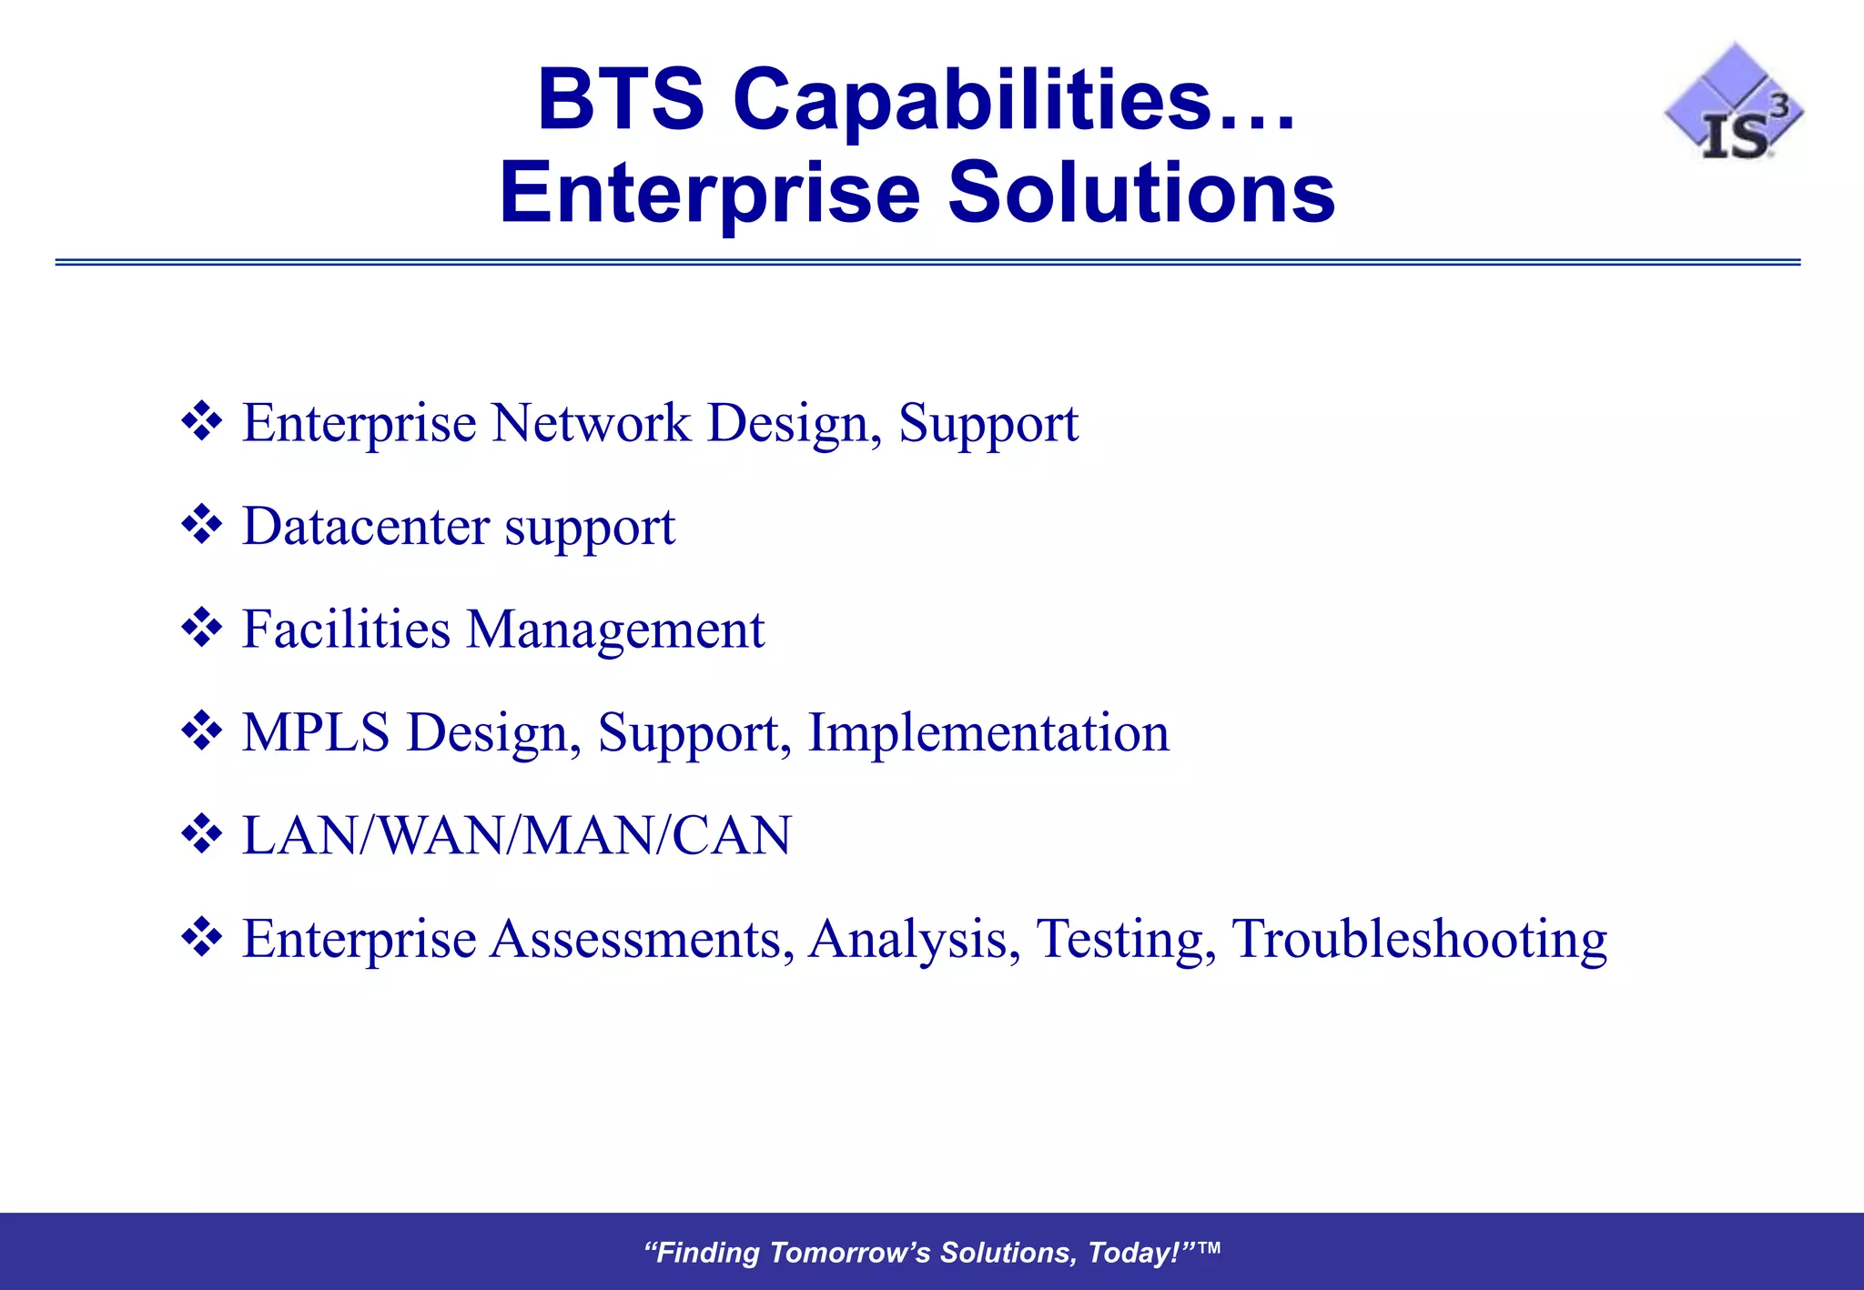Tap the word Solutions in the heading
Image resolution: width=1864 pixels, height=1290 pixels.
[x=1141, y=193]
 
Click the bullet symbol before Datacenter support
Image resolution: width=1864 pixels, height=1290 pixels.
[x=201, y=525]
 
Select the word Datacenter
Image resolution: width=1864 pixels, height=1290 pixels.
[x=366, y=527]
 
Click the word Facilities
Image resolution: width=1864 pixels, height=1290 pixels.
[x=346, y=630]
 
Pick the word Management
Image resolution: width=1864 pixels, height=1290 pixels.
[x=615, y=630]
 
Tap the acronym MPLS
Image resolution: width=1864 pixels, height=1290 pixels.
[x=316, y=733]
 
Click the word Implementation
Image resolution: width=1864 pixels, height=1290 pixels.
[x=988, y=733]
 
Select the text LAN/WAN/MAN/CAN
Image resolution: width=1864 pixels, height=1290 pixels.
[x=517, y=836]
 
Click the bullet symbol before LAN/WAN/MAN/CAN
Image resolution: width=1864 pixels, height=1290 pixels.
[x=201, y=834]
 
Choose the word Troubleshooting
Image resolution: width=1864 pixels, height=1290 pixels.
[x=1419, y=939]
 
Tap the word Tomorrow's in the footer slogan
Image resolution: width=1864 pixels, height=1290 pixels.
[x=850, y=1253]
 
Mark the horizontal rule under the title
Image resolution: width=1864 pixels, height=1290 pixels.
[x=927, y=262]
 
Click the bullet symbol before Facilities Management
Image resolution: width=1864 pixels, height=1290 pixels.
[x=201, y=628]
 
